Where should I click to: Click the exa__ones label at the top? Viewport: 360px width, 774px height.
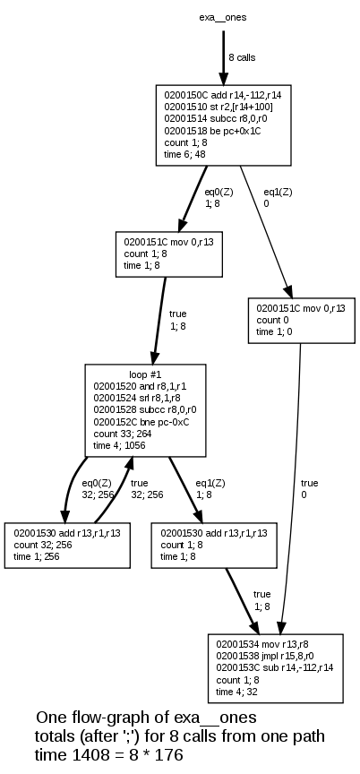click(222, 17)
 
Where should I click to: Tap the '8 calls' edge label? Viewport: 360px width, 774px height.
click(241, 57)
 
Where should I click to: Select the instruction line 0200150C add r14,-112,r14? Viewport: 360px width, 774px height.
click(223, 93)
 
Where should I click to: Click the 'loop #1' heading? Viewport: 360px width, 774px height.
click(145, 373)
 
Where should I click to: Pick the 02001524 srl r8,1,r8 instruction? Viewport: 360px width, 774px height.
click(136, 397)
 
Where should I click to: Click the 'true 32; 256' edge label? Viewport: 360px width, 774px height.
click(147, 489)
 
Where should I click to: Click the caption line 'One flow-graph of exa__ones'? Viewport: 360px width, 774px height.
click(146, 718)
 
